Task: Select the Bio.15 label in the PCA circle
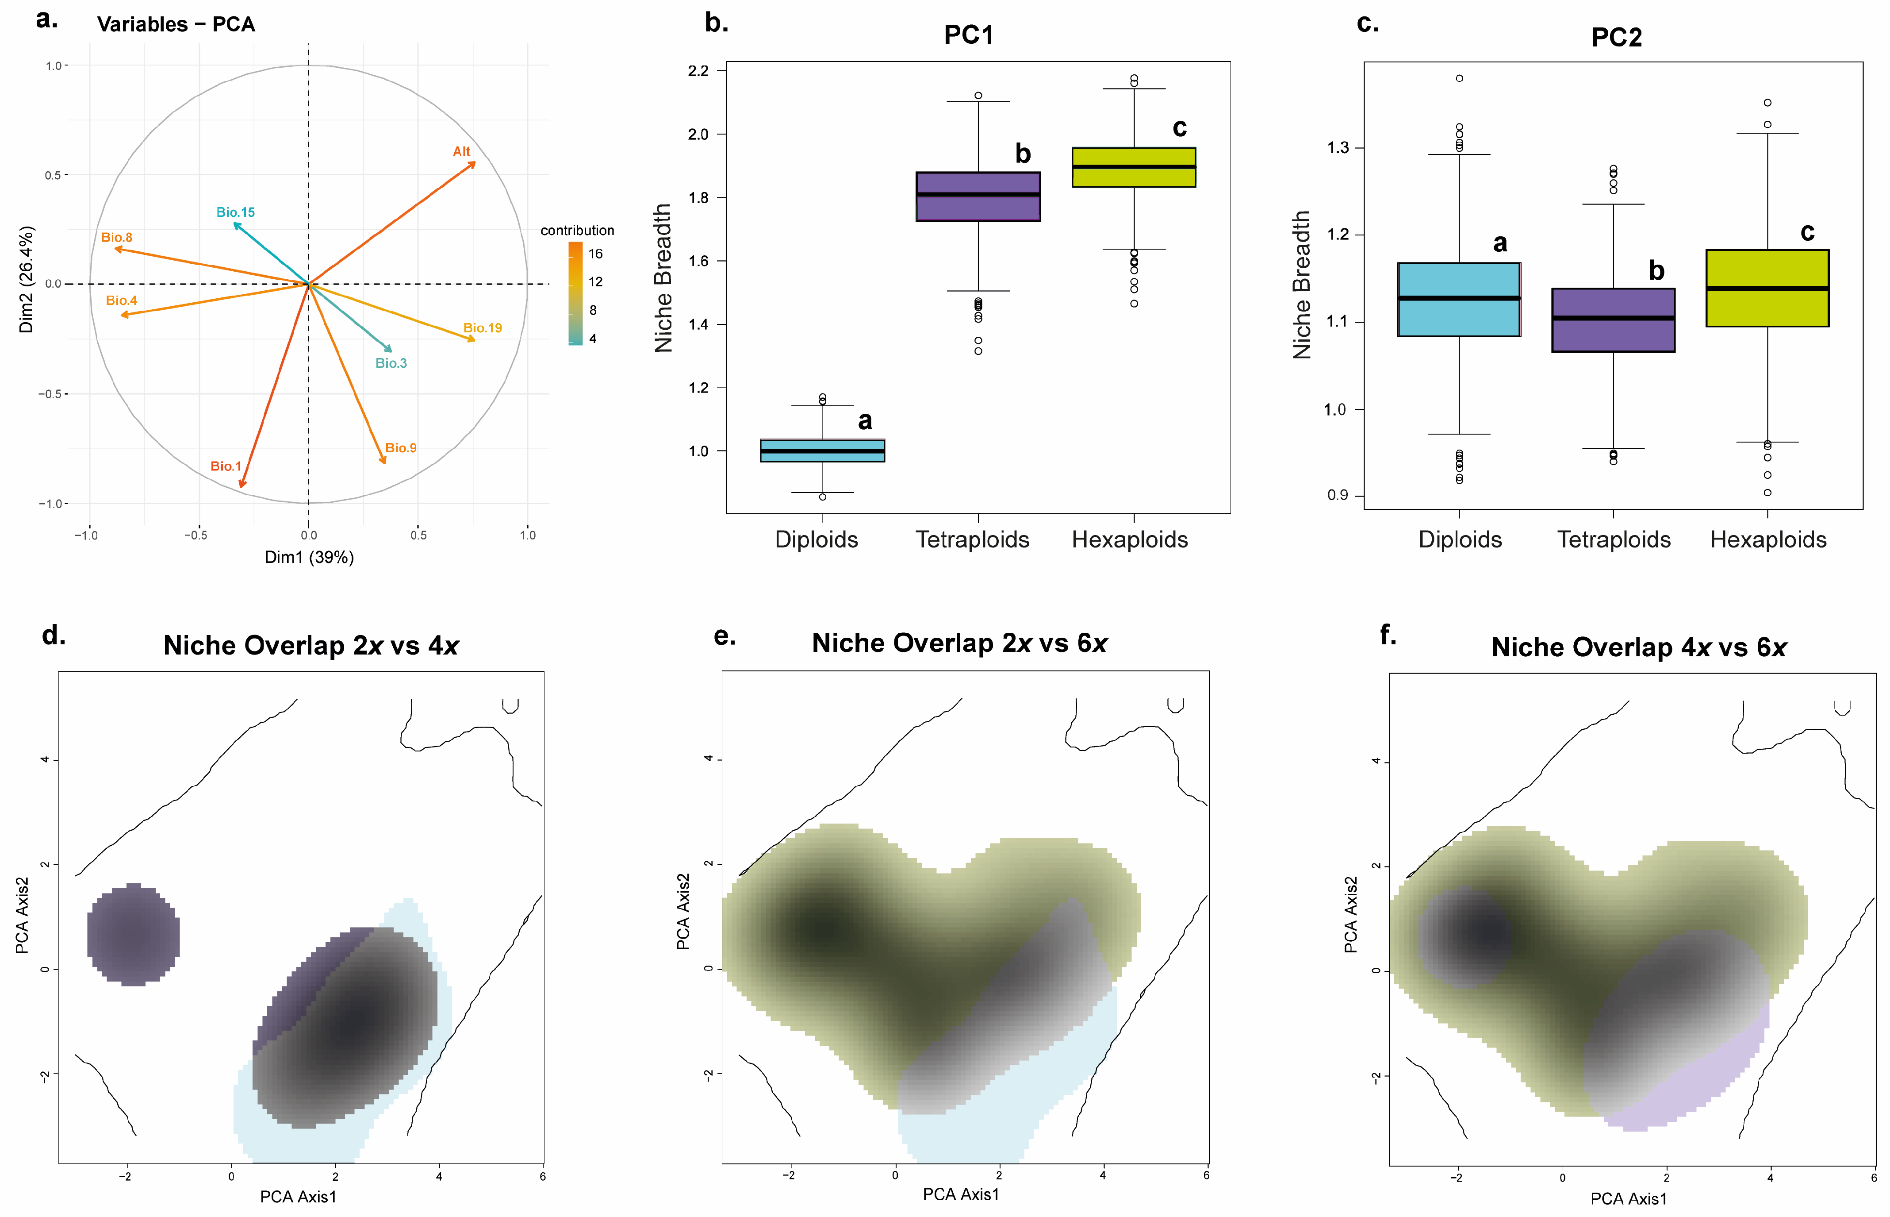pos(235,212)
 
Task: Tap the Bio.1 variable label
pos(226,466)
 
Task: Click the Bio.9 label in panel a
pos(400,448)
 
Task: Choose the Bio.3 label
pos(391,363)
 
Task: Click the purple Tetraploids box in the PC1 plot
pos(978,197)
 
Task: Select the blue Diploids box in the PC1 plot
pos(822,451)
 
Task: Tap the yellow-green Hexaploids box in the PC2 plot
pos(1767,289)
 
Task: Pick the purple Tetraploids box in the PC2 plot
pos(1613,320)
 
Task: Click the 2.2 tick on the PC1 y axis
pos(698,71)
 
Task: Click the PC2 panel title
pos(1616,37)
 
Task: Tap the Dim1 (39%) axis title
pos(309,557)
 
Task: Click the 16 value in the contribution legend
pos(595,254)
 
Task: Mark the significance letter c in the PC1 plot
pos(1179,128)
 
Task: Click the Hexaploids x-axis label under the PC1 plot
pos(1129,540)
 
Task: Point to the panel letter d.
pos(54,635)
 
